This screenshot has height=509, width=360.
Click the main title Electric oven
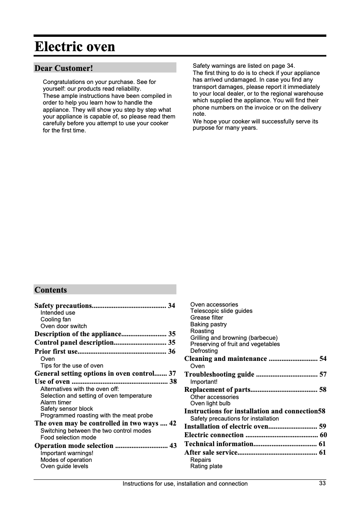coord(75,47)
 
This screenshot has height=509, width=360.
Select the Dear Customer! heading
coord(64,68)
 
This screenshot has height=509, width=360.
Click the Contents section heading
coord(51,290)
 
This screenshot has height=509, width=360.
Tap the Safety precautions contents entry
coord(63,306)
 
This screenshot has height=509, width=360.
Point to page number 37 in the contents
coord(172,373)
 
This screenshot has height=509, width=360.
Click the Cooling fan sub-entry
coord(56,320)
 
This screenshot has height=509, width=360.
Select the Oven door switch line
coord(64,326)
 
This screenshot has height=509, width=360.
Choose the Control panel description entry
coord(74,342)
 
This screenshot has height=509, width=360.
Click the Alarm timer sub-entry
coord(56,403)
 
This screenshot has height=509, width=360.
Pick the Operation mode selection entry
coord(74,446)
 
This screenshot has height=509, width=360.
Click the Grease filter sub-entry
coord(206,318)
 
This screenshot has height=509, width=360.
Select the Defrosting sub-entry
coord(204,351)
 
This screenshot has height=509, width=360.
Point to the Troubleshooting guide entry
coord(220,374)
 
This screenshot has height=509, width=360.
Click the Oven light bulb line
coord(210,404)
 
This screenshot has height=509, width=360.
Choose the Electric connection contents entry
coord(214,435)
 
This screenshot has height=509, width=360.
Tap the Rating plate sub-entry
coord(206,466)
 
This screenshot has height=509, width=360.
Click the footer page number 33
coord(322,483)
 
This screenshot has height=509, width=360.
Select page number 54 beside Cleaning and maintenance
coord(323,359)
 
